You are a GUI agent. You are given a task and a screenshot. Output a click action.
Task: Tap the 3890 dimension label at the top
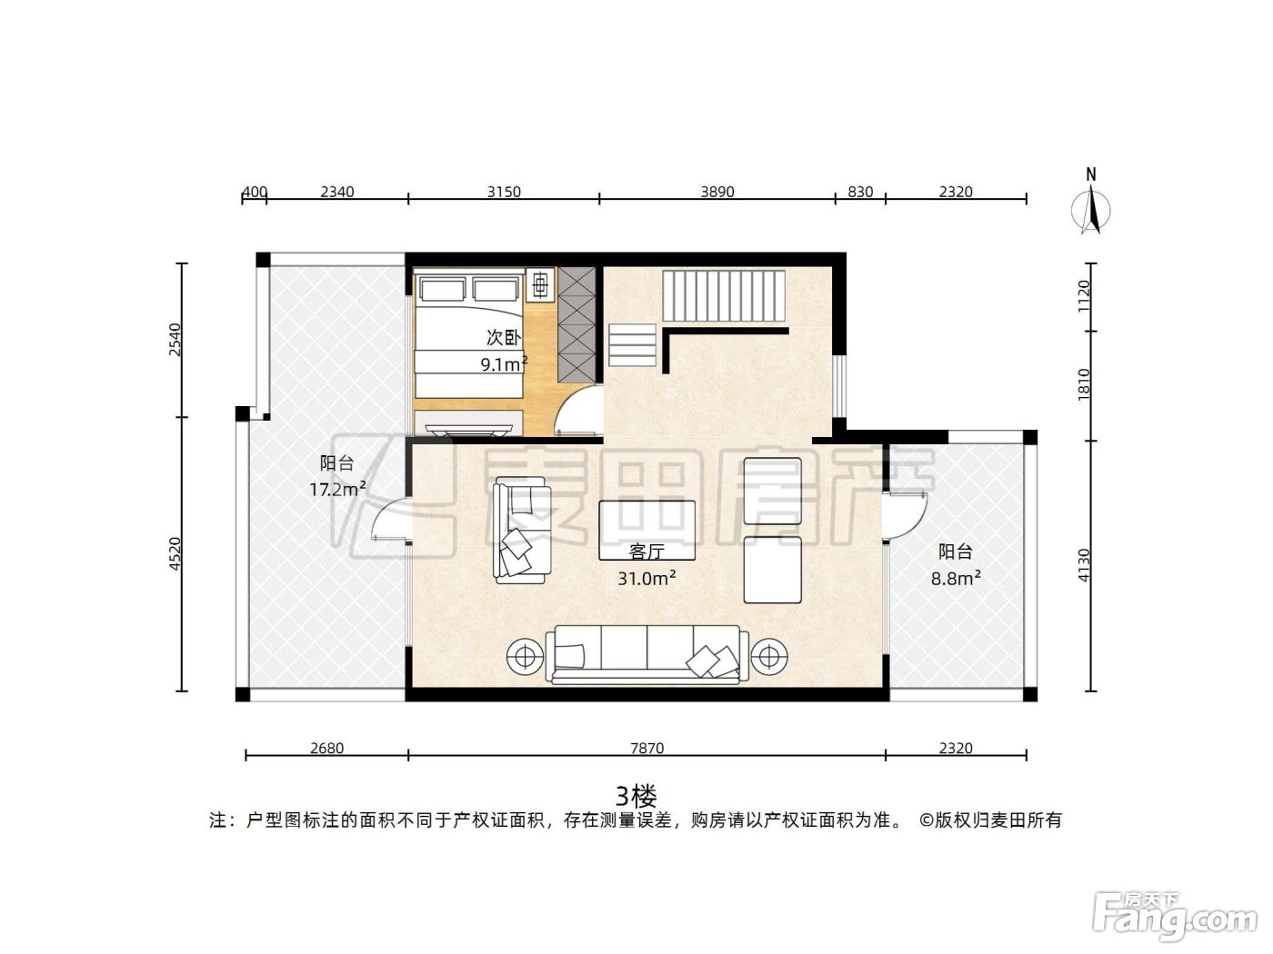(717, 192)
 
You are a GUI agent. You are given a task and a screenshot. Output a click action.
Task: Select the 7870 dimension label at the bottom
(647, 748)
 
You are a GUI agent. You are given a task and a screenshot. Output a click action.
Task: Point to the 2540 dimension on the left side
(175, 340)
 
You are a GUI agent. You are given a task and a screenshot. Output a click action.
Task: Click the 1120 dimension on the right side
(1083, 296)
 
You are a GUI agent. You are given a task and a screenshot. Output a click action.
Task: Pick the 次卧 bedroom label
(504, 338)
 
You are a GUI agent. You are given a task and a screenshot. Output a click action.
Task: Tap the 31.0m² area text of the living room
(647, 578)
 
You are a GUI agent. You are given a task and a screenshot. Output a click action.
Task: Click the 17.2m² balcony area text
(337, 489)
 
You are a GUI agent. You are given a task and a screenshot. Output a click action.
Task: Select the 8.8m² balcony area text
(956, 578)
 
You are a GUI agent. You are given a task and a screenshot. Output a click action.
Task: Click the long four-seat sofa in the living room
(647, 654)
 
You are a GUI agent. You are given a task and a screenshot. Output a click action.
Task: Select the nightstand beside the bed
(540, 283)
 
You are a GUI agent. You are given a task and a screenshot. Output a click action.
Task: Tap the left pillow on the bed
(443, 289)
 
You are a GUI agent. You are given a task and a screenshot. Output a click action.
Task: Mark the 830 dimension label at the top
(860, 192)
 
